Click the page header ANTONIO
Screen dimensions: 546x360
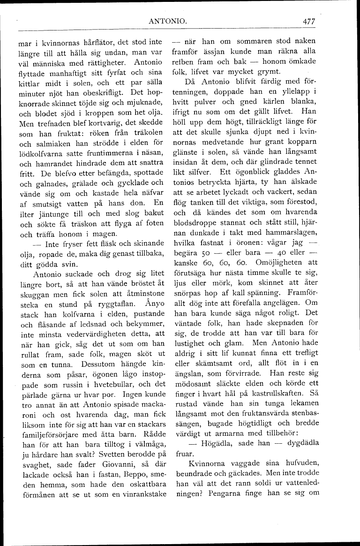(168, 21)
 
